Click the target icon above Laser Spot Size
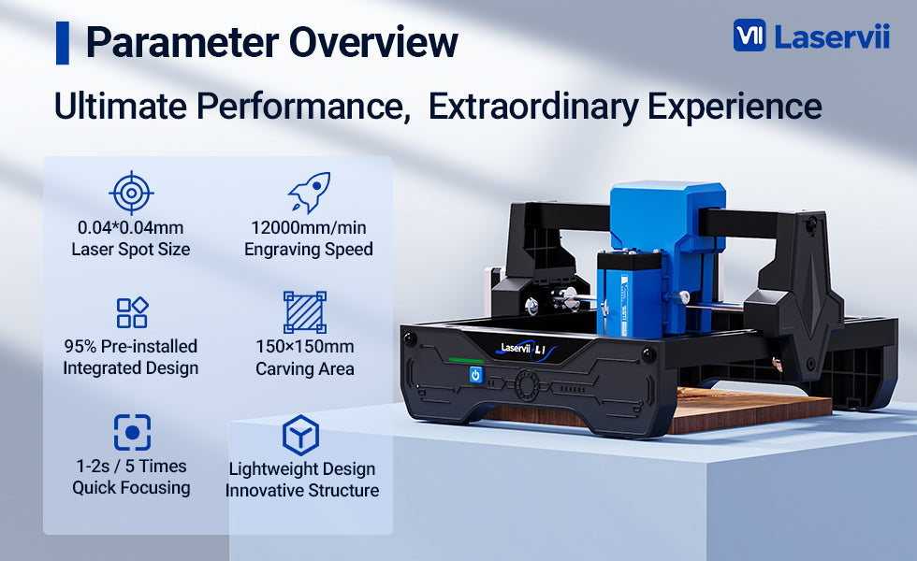[132, 193]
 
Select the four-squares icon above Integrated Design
[132, 312]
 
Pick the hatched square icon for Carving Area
[305, 312]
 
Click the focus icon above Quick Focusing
[132, 432]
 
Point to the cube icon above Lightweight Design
[300, 436]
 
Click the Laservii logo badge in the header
[750, 36]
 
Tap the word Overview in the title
[373, 43]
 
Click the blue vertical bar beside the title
[63, 43]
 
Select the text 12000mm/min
[309, 227]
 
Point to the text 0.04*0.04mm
[130, 227]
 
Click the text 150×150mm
[305, 346]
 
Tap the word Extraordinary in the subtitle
[533, 107]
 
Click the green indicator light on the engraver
[466, 361]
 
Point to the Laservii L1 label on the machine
[524, 349]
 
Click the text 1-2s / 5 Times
[131, 466]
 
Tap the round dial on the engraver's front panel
[527, 386]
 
